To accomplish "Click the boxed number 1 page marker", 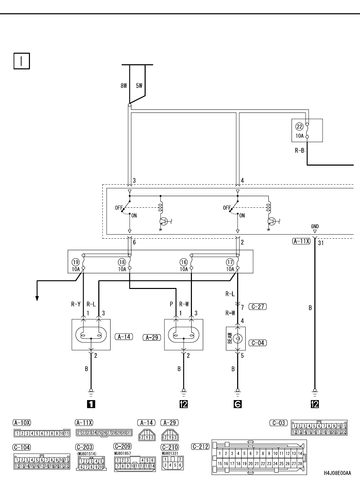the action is tap(21, 61).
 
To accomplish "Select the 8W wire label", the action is tap(124, 86).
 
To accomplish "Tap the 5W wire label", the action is tap(139, 86).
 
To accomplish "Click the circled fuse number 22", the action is tap(299, 126).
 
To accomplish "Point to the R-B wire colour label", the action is tap(299, 150).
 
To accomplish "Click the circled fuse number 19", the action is tap(76, 262).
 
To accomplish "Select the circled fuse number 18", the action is tap(122, 262).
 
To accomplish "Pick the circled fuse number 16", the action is tap(184, 262).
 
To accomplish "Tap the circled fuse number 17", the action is tap(230, 262).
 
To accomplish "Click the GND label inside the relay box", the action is tap(315, 226).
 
